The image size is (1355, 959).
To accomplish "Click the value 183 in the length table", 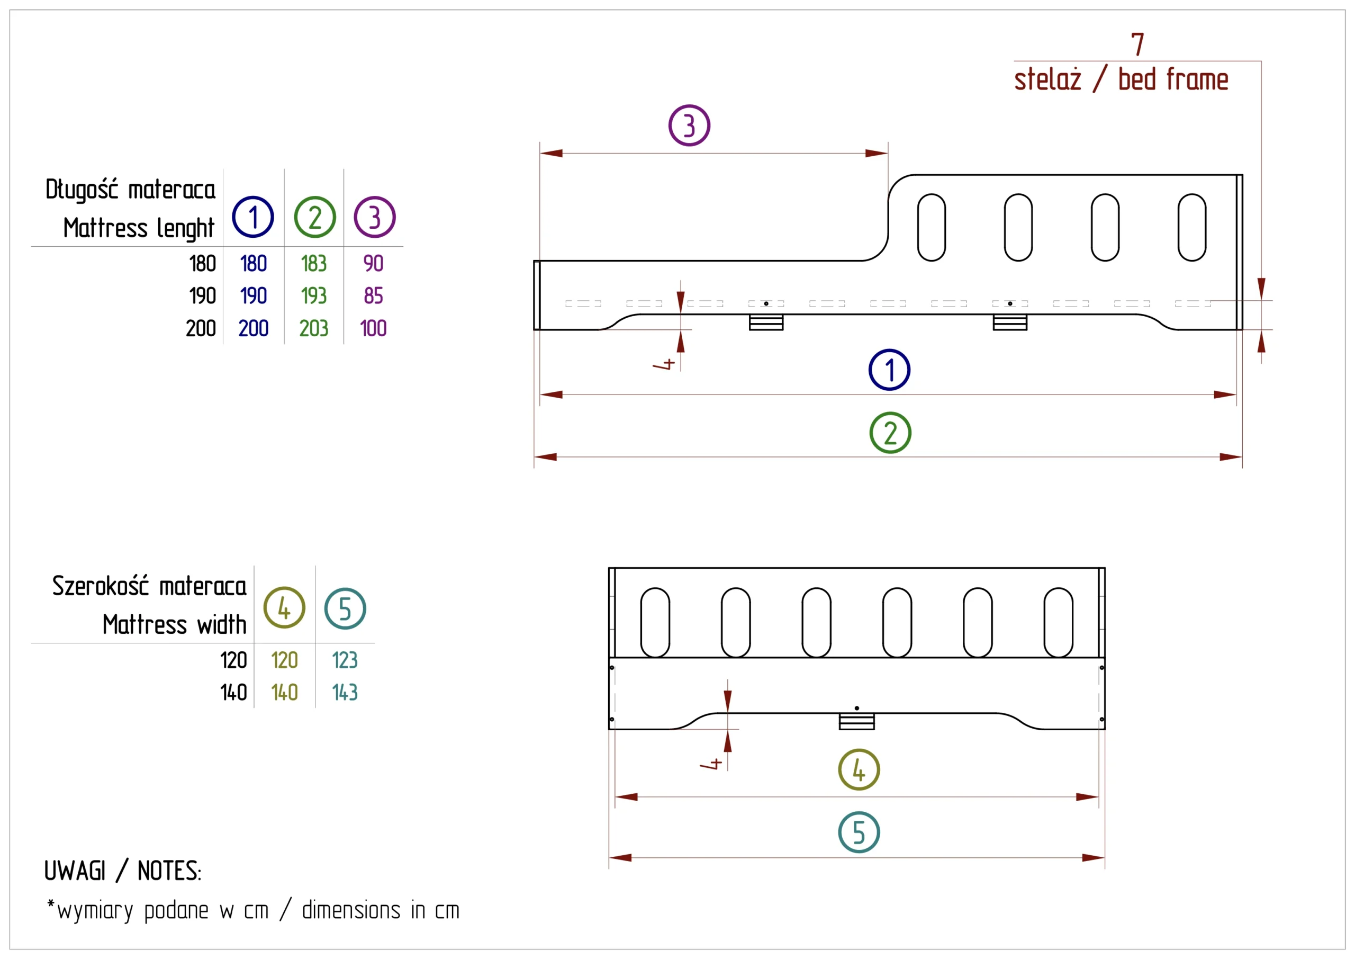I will coord(313,263).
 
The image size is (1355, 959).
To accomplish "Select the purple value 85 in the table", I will coord(373,296).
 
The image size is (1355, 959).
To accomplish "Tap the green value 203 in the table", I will coord(313,328).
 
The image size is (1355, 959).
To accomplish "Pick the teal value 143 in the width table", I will coord(345,692).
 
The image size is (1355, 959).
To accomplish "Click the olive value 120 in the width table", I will coord(284,660).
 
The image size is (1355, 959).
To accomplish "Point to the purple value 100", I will coord(373,328).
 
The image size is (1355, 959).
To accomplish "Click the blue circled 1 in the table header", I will coord(252,217).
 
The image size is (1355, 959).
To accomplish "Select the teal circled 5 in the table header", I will coord(345,608).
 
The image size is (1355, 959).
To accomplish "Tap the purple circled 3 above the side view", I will coord(689,125).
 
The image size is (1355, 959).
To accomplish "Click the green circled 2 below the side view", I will coord(890,433).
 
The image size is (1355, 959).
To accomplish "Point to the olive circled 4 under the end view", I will coord(859,769).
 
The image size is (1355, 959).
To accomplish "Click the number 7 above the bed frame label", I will coord(1137,44).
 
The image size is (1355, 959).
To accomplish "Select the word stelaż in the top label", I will coord(1047,80).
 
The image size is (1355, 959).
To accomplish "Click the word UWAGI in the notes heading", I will coord(75,871).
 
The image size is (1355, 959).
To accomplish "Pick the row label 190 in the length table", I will coord(202,296).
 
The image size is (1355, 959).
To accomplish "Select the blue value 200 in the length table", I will coord(253,328).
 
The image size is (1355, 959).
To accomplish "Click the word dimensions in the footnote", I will coord(351,910).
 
